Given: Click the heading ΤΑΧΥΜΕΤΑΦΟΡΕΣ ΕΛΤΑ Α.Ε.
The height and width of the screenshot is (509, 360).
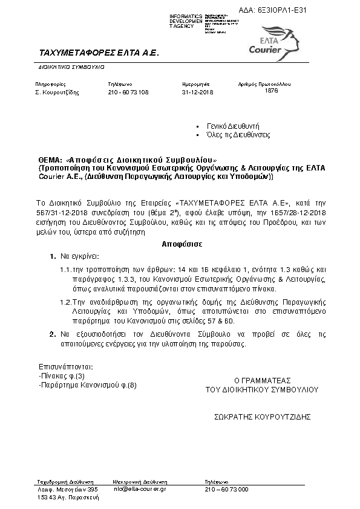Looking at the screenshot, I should point(98,53).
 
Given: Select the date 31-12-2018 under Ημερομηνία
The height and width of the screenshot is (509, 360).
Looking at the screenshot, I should point(198,92).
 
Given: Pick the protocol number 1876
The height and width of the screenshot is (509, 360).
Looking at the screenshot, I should point(272,90).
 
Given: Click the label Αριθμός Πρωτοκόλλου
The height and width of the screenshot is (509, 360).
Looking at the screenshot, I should point(265,84).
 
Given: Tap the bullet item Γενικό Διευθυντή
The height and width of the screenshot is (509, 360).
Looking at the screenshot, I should point(233,126).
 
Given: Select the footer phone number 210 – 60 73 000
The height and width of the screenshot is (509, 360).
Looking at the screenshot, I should point(226,488).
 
